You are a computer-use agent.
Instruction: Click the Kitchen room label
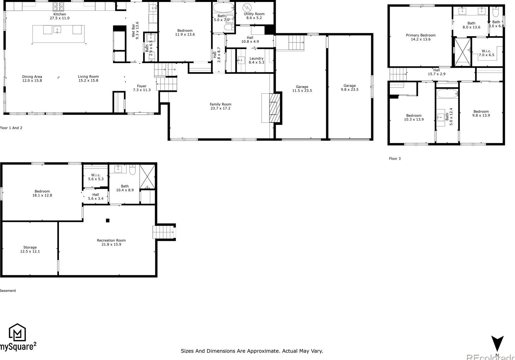click(x=60, y=14)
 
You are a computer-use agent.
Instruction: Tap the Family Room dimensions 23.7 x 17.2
click(x=220, y=108)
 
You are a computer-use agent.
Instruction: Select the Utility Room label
click(x=254, y=14)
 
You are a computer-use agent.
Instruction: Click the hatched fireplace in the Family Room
click(x=274, y=108)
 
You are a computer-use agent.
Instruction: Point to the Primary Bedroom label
click(x=421, y=35)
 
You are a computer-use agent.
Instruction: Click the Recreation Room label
click(x=111, y=240)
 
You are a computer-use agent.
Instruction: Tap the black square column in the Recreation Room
click(x=108, y=220)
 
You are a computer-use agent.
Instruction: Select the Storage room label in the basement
click(x=30, y=247)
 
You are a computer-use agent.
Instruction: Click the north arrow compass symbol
click(x=497, y=344)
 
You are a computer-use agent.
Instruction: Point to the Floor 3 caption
click(x=394, y=159)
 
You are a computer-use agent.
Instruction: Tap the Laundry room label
click(x=256, y=58)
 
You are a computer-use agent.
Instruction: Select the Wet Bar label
click(x=133, y=30)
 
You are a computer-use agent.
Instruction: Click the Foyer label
click(x=142, y=86)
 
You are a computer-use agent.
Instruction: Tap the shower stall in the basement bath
click(x=147, y=176)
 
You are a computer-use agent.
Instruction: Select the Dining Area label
click(x=32, y=77)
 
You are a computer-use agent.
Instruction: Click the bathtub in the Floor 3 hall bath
click(x=447, y=94)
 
